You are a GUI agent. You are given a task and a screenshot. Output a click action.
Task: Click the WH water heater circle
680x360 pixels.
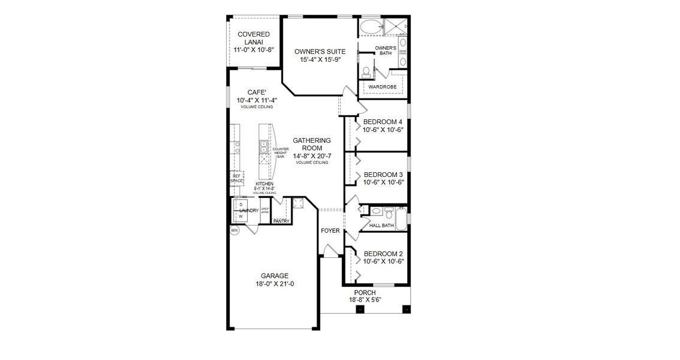234,230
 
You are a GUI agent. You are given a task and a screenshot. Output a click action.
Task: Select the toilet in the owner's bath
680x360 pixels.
366,71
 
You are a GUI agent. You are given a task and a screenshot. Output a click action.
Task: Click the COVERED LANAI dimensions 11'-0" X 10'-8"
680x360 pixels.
253,51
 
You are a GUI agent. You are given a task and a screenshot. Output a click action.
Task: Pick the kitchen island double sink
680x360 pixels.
264,147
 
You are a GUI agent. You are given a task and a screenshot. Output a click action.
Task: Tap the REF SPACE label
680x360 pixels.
236,178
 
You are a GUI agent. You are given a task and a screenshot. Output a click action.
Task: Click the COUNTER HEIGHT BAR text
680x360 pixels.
281,152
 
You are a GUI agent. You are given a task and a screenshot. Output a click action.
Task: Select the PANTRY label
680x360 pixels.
281,221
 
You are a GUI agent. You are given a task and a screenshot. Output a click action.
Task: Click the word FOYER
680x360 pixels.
330,230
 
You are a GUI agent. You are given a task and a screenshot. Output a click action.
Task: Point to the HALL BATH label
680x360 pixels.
381,226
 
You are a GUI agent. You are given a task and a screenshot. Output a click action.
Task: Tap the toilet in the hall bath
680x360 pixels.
375,211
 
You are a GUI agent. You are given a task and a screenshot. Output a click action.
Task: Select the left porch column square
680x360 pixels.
360,309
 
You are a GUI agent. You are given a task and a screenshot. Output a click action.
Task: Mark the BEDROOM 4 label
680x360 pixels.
383,122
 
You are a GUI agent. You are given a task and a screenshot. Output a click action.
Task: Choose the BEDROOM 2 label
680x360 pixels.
383,253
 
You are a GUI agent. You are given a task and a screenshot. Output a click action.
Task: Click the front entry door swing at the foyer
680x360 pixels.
329,251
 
